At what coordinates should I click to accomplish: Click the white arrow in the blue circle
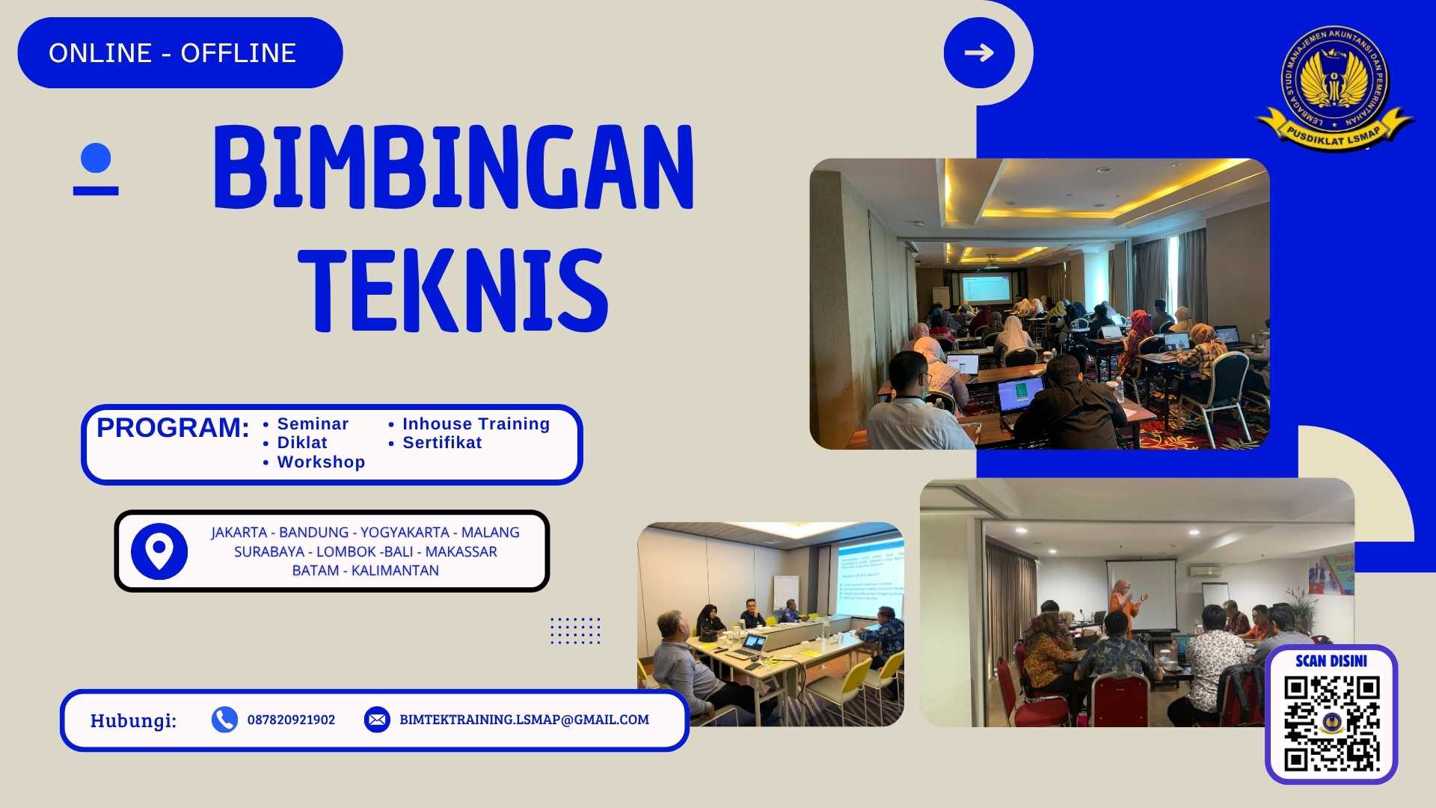[979, 52]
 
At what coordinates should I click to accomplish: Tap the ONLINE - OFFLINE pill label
[173, 53]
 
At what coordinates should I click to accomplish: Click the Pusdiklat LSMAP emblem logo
[1335, 86]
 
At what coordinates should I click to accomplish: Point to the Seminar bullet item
[313, 424]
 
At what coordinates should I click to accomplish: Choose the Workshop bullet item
[321, 462]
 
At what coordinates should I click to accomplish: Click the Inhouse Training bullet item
[476, 424]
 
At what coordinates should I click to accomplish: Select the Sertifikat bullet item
[442, 443]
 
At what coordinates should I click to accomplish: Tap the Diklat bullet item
[302, 443]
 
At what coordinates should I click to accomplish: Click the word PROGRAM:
[173, 428]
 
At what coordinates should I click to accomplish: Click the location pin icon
[159, 551]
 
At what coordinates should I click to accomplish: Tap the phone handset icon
[224, 720]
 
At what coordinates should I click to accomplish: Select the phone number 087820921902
[291, 720]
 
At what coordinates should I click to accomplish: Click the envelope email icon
[377, 720]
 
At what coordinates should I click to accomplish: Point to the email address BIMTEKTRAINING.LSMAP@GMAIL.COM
[524, 720]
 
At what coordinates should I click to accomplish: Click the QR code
[1331, 723]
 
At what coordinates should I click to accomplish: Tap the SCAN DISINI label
[1331, 661]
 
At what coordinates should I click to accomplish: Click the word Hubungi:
[133, 720]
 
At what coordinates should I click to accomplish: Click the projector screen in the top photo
[986, 289]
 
